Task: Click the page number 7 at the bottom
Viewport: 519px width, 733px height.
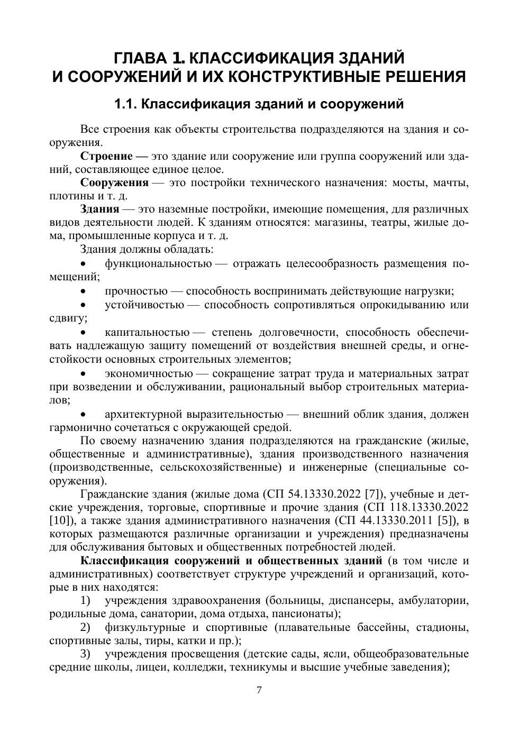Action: click(259, 690)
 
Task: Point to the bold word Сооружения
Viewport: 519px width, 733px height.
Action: click(114, 183)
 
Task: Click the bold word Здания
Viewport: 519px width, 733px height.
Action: click(99, 209)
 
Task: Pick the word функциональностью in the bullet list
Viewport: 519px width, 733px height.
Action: click(158, 263)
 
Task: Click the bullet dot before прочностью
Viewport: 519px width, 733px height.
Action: click(83, 291)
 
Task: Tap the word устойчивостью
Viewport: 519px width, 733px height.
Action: click(144, 305)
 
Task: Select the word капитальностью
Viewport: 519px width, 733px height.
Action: click(147, 332)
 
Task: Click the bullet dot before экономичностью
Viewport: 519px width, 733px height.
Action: click(83, 374)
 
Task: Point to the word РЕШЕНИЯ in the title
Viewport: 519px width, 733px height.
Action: click(416, 77)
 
